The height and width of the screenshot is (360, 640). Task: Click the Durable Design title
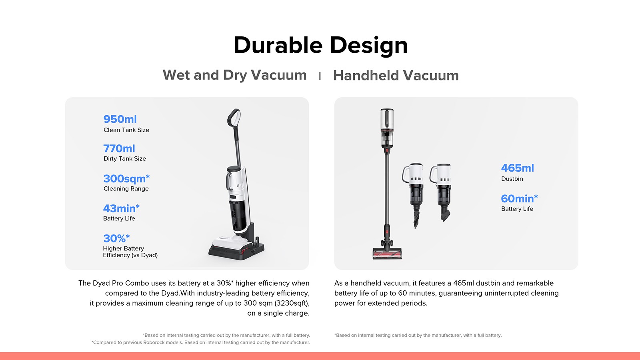pos(320,45)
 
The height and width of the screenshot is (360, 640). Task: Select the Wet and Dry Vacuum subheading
pos(234,75)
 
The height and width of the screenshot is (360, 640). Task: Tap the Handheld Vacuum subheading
pos(396,76)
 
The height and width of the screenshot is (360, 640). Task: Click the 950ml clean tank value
pos(120,119)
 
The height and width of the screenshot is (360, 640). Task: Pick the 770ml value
pos(119,148)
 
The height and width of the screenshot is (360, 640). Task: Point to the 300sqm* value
pos(126,178)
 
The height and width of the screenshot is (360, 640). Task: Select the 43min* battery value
pos(121,208)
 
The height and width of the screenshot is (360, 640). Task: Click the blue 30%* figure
pos(116,238)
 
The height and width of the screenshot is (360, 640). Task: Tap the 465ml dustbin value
pos(517,168)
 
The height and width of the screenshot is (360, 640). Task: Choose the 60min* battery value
pos(519,198)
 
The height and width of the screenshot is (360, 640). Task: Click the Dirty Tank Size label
pos(125,159)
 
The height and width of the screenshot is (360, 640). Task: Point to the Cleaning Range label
pos(126,189)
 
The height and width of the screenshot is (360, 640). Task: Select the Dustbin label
pos(512,179)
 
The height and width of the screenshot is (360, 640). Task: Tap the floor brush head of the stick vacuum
pos(387,253)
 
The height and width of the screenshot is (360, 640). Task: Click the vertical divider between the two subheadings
pos(320,76)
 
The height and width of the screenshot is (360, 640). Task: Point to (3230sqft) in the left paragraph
pos(292,303)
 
